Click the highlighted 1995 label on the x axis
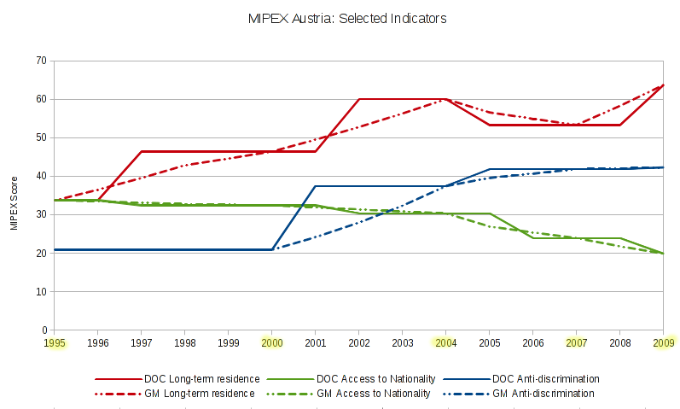point(54,342)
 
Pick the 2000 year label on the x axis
point(272,342)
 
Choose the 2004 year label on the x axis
point(446,342)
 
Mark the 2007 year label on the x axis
point(577,342)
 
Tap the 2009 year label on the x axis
point(664,342)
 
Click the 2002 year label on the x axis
point(359,342)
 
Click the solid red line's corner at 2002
point(359,99)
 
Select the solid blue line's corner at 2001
point(316,186)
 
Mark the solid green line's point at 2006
point(533,238)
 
